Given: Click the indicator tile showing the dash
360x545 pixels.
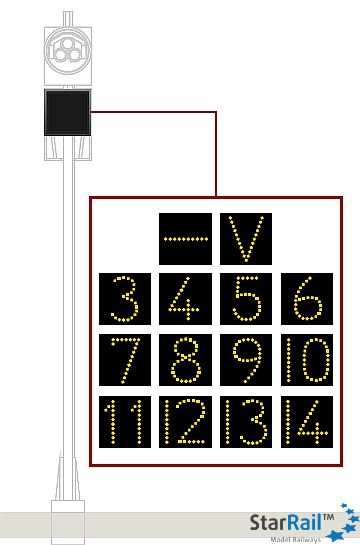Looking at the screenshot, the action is click(x=185, y=239).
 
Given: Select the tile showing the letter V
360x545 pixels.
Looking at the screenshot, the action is click(x=245, y=239).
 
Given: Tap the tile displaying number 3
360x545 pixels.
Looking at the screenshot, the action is click(x=124, y=299).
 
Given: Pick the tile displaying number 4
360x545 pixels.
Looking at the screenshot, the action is click(x=185, y=299).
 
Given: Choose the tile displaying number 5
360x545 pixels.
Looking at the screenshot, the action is click(x=245, y=299).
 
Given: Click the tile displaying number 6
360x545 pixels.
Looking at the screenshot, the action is click(x=306, y=299).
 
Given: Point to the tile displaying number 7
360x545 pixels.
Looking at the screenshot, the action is click(x=124, y=360).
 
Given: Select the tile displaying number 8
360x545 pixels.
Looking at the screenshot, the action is click(x=185, y=360).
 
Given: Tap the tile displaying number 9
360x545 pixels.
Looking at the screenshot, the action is click(x=245, y=360).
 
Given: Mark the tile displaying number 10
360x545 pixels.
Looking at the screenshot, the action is click(x=306, y=360).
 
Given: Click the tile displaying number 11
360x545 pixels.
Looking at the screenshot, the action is click(x=124, y=421).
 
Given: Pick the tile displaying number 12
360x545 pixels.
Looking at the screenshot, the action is click(x=185, y=421).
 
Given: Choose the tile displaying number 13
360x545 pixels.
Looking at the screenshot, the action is click(x=245, y=421).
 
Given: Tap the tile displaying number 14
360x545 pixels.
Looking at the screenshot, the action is click(x=306, y=421).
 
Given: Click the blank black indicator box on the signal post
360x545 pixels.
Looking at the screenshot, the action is click(x=67, y=112).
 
